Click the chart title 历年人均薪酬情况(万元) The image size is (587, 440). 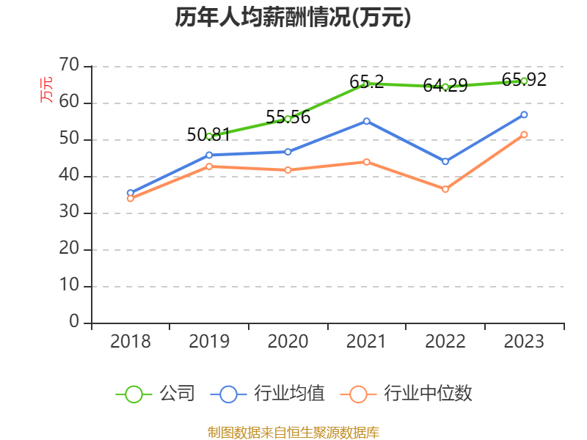293,18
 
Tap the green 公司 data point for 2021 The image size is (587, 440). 366,84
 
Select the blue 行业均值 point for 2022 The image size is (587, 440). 445,161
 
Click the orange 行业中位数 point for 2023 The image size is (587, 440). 524,134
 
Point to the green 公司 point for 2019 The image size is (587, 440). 209,136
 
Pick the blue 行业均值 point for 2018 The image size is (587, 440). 131,193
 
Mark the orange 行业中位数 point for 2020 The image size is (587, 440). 288,169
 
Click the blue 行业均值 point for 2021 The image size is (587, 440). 366,121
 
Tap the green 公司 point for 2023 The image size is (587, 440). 524,81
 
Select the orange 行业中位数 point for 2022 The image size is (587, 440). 445,189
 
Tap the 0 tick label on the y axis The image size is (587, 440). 74,322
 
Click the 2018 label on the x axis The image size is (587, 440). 131,342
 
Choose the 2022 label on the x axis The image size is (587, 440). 445,342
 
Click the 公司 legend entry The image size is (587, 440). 156,394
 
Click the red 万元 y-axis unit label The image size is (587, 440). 46,89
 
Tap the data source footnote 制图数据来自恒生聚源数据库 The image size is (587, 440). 293,432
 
